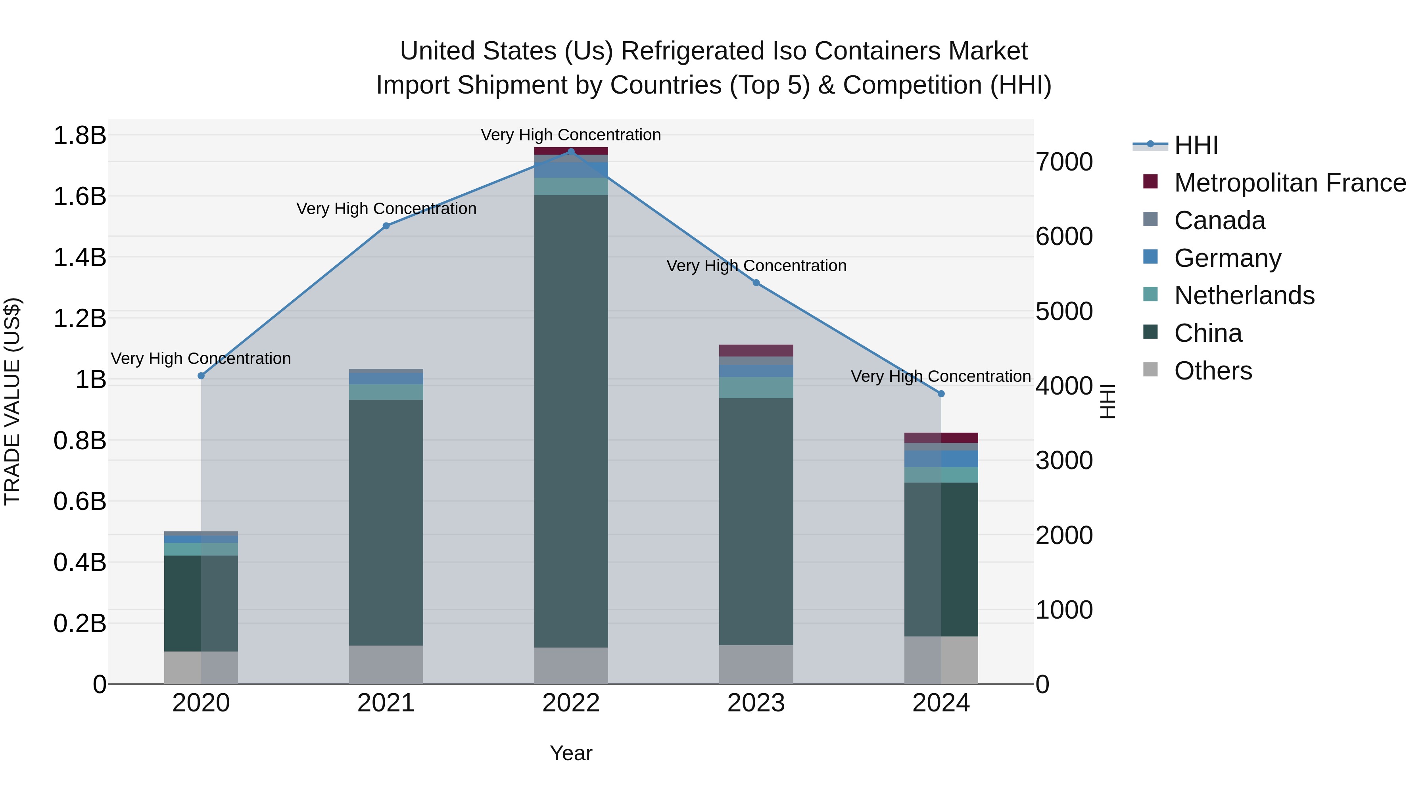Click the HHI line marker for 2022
point(571,151)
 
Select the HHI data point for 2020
point(201,376)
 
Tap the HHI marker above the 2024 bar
point(941,393)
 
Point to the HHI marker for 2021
point(386,226)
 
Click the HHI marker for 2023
point(756,283)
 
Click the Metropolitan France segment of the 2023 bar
point(756,350)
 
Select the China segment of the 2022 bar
point(571,421)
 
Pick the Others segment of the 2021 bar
point(386,665)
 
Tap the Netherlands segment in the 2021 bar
point(386,392)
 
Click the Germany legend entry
point(1227,258)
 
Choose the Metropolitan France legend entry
point(1290,183)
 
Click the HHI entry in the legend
point(1196,145)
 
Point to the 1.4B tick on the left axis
point(79,258)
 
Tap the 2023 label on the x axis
point(756,703)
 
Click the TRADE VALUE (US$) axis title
point(13,401)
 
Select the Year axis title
point(571,753)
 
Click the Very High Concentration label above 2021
point(386,209)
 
